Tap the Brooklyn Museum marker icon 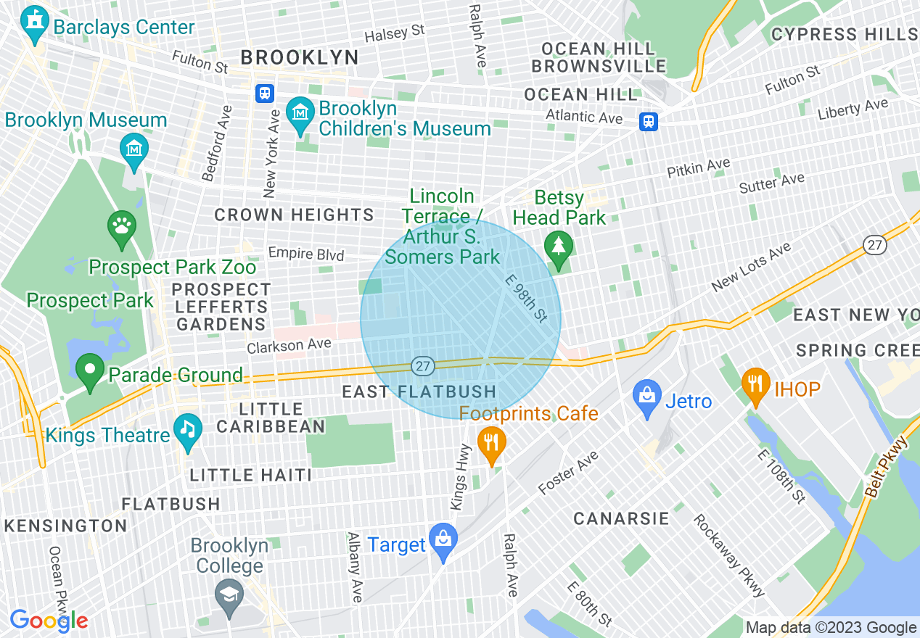pos(134,149)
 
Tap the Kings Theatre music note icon pos(188,432)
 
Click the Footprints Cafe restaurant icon pos(492,443)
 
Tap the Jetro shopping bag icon pos(647,398)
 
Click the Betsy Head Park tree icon pos(558,249)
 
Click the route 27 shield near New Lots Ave pos(876,245)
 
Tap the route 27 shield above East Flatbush pos(424,366)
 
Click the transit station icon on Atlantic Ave pos(648,121)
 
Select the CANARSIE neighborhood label pos(621,518)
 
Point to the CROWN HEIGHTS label pos(294,215)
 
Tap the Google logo pos(49,621)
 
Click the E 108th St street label pos(781,476)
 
